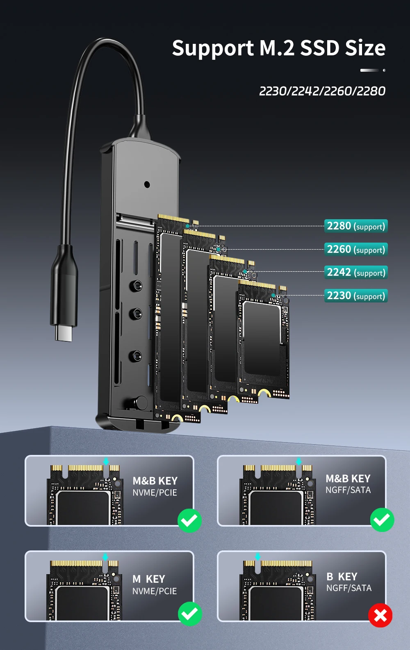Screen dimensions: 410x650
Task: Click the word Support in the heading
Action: pyautogui.click(x=213, y=49)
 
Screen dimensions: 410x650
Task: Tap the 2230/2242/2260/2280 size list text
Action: pyautogui.click(x=322, y=91)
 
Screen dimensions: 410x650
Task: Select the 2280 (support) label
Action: pyautogui.click(x=356, y=226)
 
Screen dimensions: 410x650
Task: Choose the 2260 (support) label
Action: pyautogui.click(x=356, y=249)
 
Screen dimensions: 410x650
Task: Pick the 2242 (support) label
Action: pyautogui.click(x=356, y=272)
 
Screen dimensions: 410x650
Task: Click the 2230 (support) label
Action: pyautogui.click(x=356, y=295)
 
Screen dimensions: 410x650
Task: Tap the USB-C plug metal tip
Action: pyautogui.click(x=64, y=333)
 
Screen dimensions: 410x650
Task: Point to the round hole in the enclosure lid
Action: pyautogui.click(x=147, y=184)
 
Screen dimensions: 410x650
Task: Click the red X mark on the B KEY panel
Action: pyautogui.click(x=380, y=615)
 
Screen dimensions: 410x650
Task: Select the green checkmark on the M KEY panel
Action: pyautogui.click(x=190, y=614)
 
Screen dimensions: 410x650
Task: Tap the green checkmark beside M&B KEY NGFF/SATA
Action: pyautogui.click(x=382, y=520)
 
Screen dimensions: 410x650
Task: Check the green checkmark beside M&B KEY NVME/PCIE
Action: pyautogui.click(x=189, y=520)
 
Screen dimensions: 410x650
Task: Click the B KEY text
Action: pyautogui.click(x=342, y=577)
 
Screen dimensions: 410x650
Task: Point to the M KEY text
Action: pyautogui.click(x=149, y=579)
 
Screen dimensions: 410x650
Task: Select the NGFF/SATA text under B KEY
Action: pyautogui.click(x=349, y=588)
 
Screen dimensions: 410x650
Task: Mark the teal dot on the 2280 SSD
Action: pyautogui.click(x=188, y=226)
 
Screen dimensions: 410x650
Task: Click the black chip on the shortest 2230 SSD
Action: pyautogui.click(x=262, y=338)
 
